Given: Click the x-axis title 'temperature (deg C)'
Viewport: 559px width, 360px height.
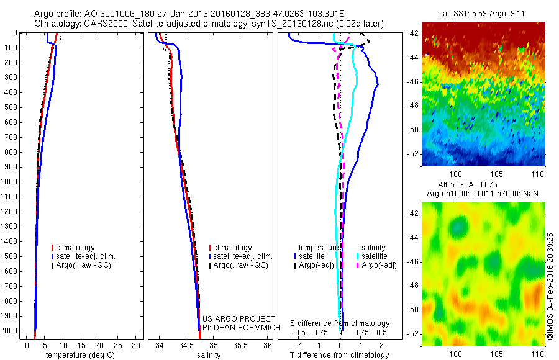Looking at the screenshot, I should [78, 355].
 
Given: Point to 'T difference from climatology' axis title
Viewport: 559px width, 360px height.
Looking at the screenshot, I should [340, 355].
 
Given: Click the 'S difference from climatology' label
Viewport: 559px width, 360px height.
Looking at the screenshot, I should [340, 323].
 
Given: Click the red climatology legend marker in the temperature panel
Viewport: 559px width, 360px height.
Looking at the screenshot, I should [53, 248].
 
